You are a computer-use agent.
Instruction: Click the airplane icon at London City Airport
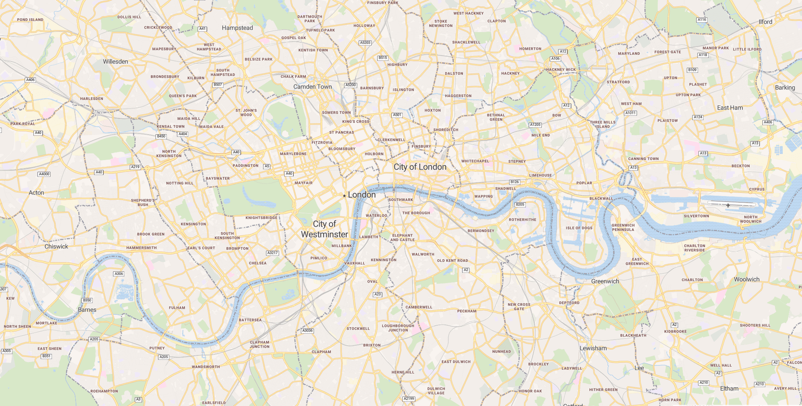(x=728, y=205)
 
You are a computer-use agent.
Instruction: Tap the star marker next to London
(x=344, y=196)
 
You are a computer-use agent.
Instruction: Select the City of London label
(x=420, y=167)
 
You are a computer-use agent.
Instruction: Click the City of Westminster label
(x=325, y=229)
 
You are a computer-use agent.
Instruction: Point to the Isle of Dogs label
(x=579, y=228)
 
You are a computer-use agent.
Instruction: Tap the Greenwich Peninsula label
(x=623, y=227)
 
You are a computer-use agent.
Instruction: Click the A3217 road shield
(x=272, y=253)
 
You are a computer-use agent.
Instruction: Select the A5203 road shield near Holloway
(x=365, y=43)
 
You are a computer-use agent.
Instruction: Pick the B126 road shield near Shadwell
(x=515, y=182)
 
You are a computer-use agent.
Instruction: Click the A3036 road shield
(x=307, y=331)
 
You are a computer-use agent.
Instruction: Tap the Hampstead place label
(x=237, y=28)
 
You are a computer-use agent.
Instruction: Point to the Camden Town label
(x=312, y=87)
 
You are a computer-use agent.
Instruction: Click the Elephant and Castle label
(x=402, y=237)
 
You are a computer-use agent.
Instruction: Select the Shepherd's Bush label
(x=143, y=202)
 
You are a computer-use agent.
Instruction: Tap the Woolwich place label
(x=746, y=279)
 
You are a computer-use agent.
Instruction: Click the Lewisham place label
(x=593, y=348)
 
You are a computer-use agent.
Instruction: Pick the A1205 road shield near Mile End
(x=535, y=125)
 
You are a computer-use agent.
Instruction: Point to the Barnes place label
(x=87, y=310)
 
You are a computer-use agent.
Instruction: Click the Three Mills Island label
(x=602, y=124)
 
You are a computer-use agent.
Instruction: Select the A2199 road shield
(x=409, y=398)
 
